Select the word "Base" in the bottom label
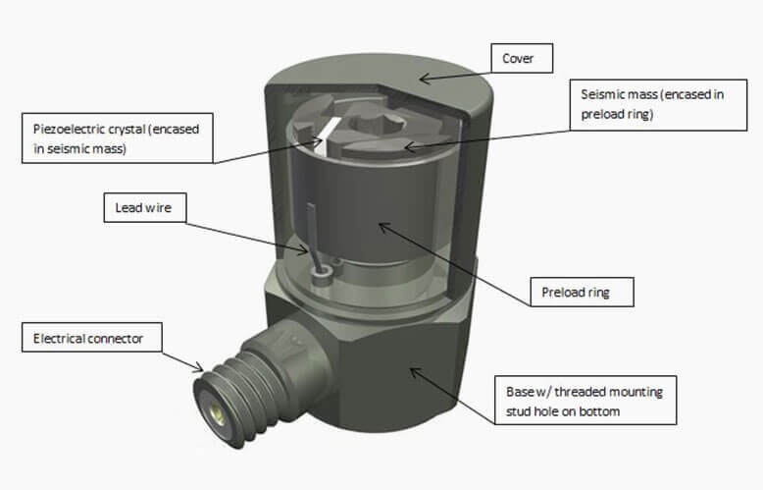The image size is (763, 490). [x=513, y=392]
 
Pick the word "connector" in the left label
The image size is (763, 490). [x=114, y=339]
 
